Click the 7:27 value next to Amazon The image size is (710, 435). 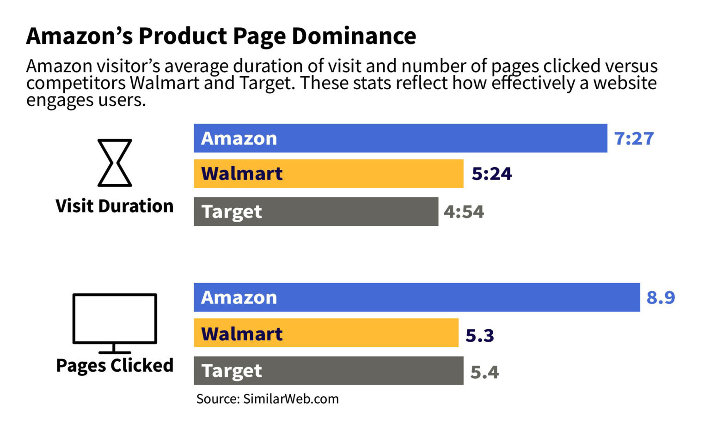(634, 139)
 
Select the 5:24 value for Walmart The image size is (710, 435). (491, 174)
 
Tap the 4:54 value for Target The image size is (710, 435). (464, 212)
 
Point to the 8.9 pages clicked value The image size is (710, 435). (661, 298)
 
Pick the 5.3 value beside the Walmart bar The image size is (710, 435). (479, 336)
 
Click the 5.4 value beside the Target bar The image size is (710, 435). (484, 372)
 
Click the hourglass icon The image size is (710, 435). (115, 163)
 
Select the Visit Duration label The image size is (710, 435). (115, 206)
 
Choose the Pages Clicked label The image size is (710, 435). (115, 365)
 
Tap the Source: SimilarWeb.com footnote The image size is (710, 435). (267, 399)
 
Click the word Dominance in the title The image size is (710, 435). (354, 36)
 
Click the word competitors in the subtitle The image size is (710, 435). (76, 84)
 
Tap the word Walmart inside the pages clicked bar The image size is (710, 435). (242, 334)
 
